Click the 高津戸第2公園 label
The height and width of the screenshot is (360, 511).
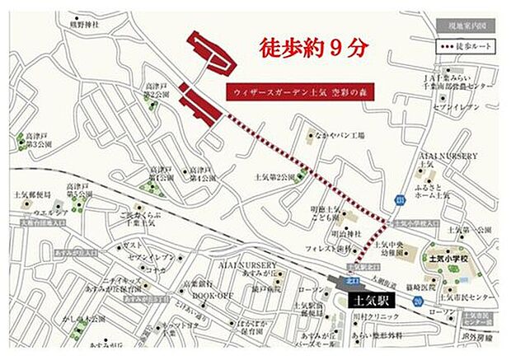click(x=157, y=91)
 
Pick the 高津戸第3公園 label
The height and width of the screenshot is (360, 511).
click(x=40, y=142)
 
